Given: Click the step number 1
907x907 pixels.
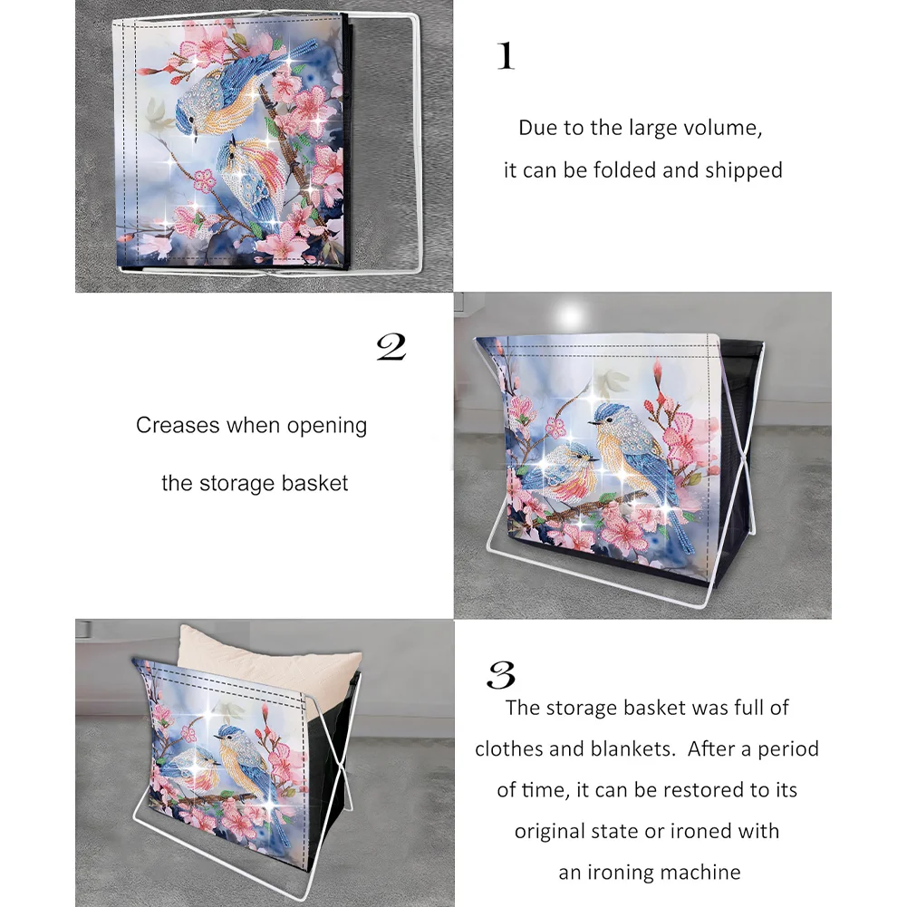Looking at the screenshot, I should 506,56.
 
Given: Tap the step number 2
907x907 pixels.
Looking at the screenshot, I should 391,347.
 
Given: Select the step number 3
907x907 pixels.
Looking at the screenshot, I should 501,675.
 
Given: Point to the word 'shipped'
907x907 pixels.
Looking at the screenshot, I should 745,170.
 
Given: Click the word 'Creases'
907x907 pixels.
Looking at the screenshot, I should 178,425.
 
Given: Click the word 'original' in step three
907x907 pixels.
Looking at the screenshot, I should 552,831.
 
